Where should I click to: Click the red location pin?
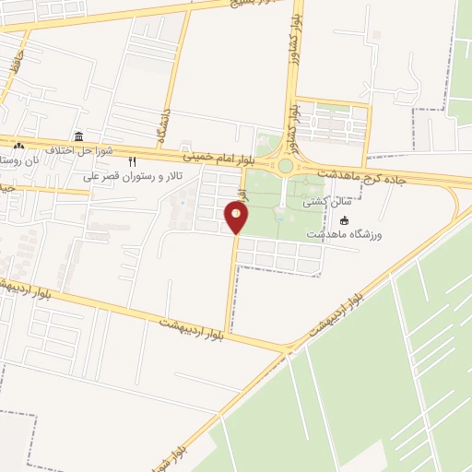[237, 218]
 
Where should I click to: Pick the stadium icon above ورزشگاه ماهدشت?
[345, 220]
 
